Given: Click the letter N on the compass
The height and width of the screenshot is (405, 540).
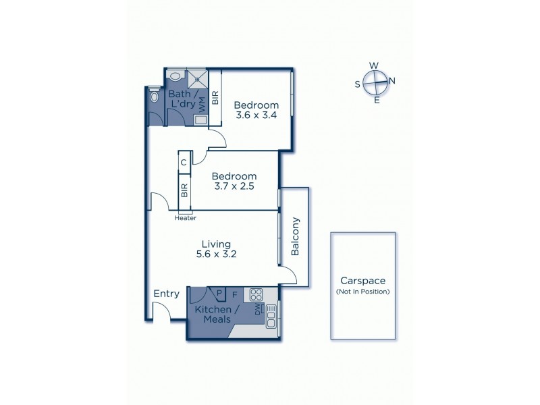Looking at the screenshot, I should click(x=392, y=81).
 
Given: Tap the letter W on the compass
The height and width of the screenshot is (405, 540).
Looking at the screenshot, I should click(x=374, y=65).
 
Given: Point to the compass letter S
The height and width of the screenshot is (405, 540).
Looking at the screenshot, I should click(x=358, y=84).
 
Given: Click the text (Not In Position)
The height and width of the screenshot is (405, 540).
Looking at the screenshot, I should click(x=362, y=292).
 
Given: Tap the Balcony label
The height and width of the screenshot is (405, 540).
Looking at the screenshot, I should click(x=295, y=236).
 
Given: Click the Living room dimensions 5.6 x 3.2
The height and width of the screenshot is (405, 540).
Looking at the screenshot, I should click(x=216, y=254).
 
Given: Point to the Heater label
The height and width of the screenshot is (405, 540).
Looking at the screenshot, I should click(x=185, y=218).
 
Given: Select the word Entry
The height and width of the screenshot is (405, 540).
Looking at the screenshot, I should click(x=166, y=294).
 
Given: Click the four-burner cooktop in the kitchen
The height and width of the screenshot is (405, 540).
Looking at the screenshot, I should click(x=256, y=294).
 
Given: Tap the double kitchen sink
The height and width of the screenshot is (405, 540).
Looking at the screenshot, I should click(x=271, y=317).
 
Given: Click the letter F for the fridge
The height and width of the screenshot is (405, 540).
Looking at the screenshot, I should click(x=235, y=294).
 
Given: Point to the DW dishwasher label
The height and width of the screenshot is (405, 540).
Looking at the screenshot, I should click(x=257, y=310).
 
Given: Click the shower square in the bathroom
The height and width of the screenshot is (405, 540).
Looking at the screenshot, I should click(x=196, y=78).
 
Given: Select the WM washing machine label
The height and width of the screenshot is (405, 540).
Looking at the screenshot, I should click(x=201, y=103).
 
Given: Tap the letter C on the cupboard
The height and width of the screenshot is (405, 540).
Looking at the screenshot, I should click(x=184, y=163).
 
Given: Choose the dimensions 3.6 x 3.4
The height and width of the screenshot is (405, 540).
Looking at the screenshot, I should click(x=256, y=115).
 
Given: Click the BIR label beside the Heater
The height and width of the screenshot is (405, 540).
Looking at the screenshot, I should click(x=184, y=190).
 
